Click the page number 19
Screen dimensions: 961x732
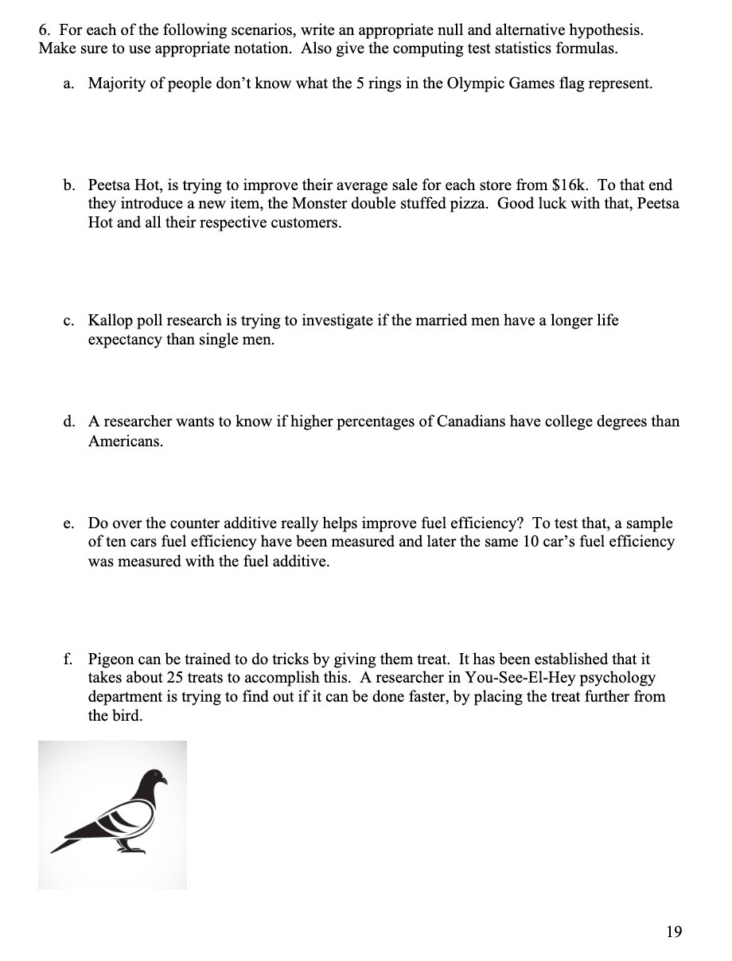(673, 932)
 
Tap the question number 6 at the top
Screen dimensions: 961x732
(42, 30)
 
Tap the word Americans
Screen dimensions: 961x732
(125, 441)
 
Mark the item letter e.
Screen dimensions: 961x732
(68, 523)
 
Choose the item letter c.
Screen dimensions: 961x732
(68, 321)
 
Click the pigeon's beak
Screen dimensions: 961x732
(165, 781)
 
